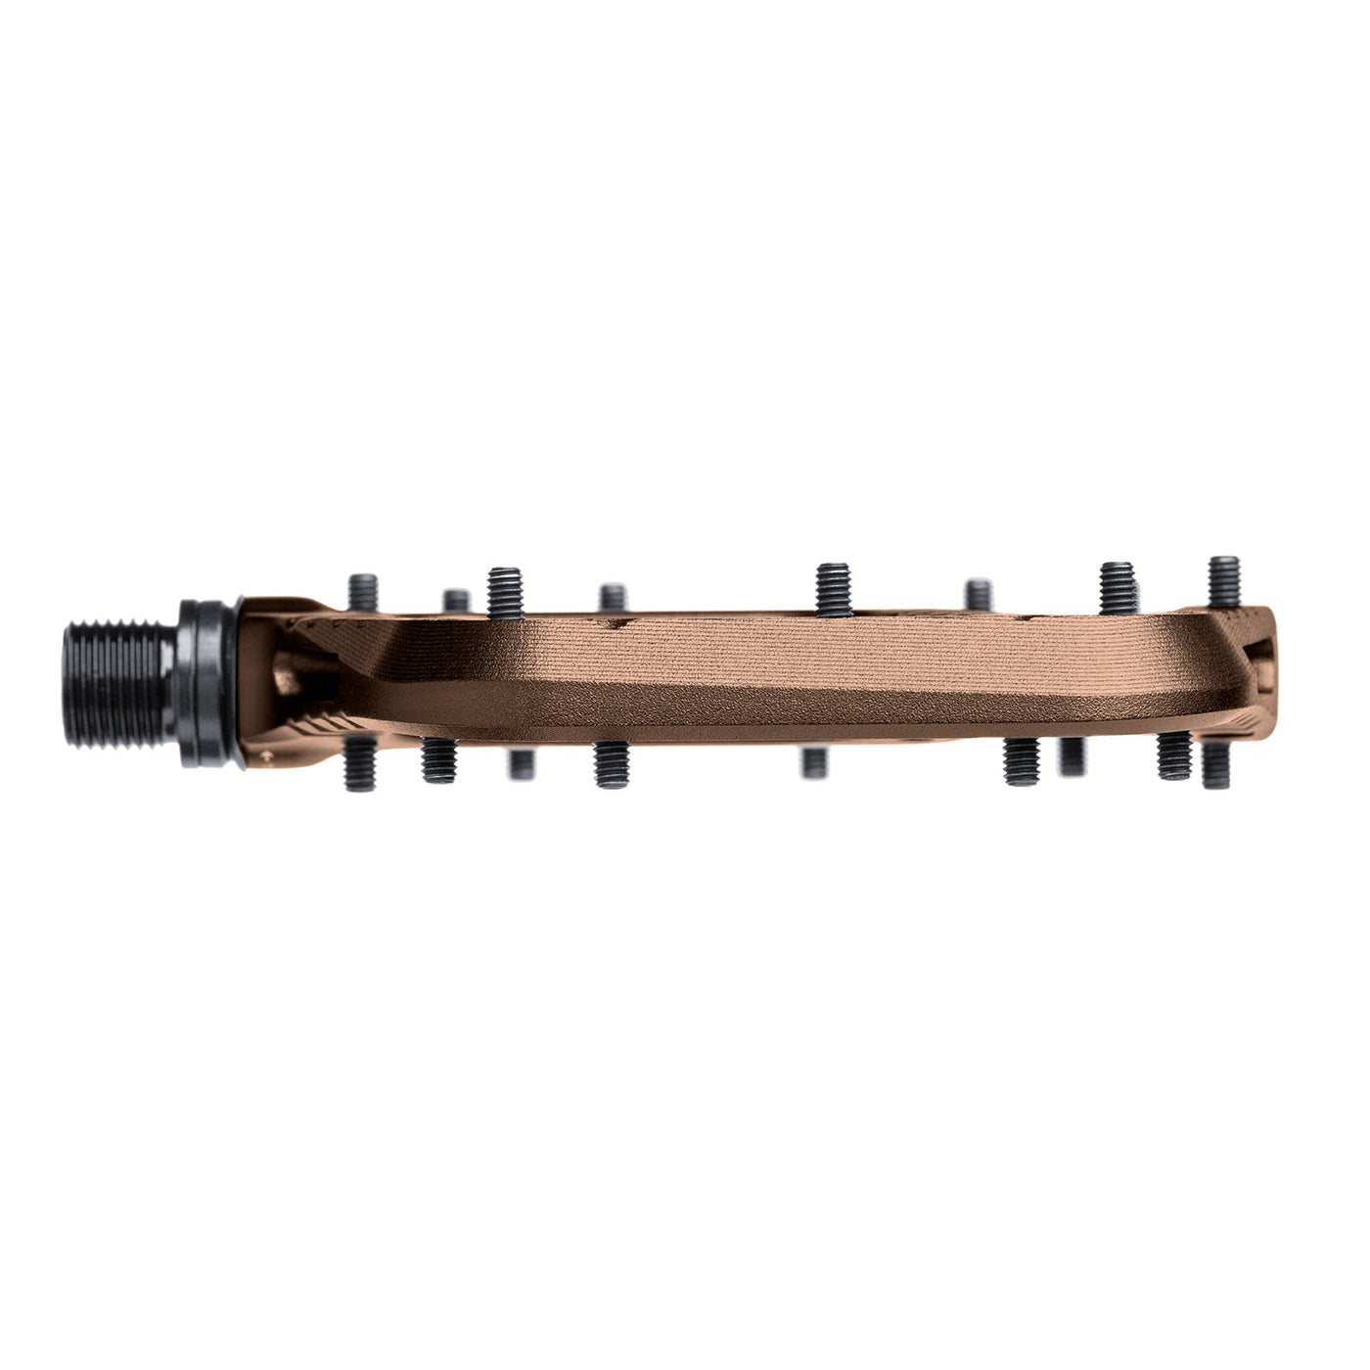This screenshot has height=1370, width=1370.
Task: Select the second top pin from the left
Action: point(455,600)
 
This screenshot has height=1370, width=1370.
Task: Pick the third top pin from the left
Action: point(506,592)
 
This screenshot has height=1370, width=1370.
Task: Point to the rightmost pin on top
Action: point(1224,581)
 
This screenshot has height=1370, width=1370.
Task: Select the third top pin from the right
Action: point(979,594)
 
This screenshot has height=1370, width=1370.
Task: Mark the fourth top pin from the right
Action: point(833,590)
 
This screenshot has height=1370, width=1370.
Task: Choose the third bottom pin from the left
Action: point(520,763)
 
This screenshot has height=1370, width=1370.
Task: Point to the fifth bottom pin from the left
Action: point(813,761)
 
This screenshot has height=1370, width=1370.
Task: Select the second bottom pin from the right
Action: point(1172,756)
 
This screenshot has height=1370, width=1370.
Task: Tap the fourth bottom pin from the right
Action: point(1022,762)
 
